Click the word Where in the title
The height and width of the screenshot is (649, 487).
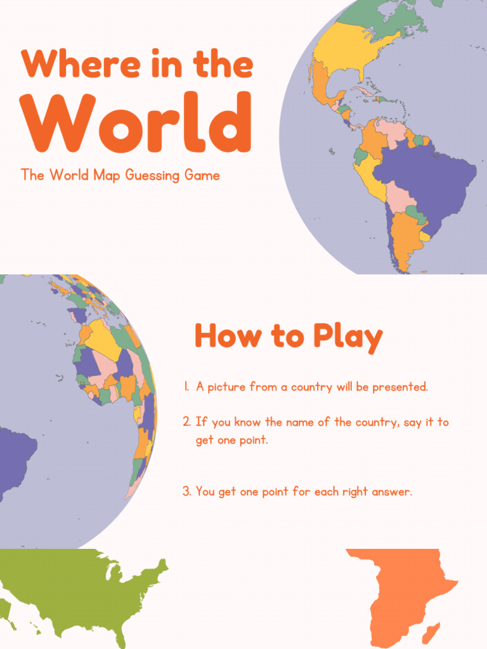tap(68, 63)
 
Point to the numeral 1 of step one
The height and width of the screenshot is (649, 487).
tap(186, 387)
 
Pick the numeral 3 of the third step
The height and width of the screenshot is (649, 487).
tap(186, 491)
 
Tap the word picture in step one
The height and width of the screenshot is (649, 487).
tap(226, 387)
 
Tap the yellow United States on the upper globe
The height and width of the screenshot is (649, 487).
tap(349, 48)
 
